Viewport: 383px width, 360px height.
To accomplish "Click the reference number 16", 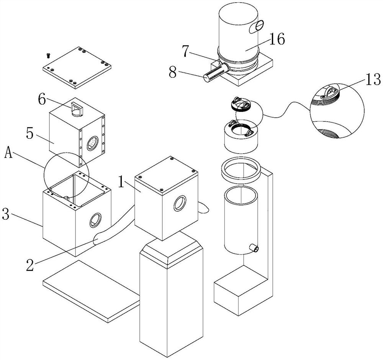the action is click(x=277, y=39).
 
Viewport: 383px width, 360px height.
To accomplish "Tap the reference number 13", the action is click(x=373, y=79).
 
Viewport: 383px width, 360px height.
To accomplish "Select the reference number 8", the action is click(x=173, y=72).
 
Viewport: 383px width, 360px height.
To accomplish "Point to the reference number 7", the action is click(x=186, y=51).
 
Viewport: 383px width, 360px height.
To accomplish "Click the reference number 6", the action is click(x=42, y=100).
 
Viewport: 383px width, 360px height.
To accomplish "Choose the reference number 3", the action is click(x=6, y=214).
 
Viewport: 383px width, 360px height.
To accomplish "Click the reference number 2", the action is click(x=30, y=265).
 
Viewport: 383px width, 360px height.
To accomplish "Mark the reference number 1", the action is click(x=121, y=182).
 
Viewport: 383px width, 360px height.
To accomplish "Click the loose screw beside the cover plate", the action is click(x=48, y=56).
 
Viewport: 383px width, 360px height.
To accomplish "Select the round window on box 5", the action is click(x=93, y=143).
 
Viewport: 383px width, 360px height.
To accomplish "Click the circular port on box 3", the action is click(x=95, y=220).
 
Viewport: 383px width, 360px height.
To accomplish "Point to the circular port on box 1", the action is click(x=180, y=203).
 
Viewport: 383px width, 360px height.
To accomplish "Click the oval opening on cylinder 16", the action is click(x=256, y=26).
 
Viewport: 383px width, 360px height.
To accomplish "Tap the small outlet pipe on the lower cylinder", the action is click(x=254, y=248).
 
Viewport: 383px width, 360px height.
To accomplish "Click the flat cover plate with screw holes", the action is click(x=77, y=67).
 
